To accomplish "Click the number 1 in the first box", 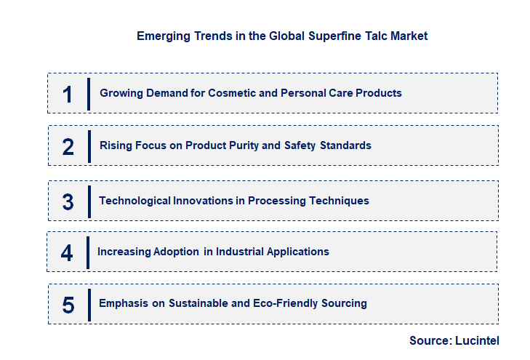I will pos(68,94).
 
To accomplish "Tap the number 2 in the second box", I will pos(68,146).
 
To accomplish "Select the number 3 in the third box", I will pos(68,201).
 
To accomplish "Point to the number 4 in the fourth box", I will pos(67,252).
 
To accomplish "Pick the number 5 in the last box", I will pos(68,304).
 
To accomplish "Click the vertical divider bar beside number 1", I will pos(88,93).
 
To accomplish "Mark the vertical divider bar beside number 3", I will pos(89,201).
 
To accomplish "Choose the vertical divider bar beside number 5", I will pos(89,304).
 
